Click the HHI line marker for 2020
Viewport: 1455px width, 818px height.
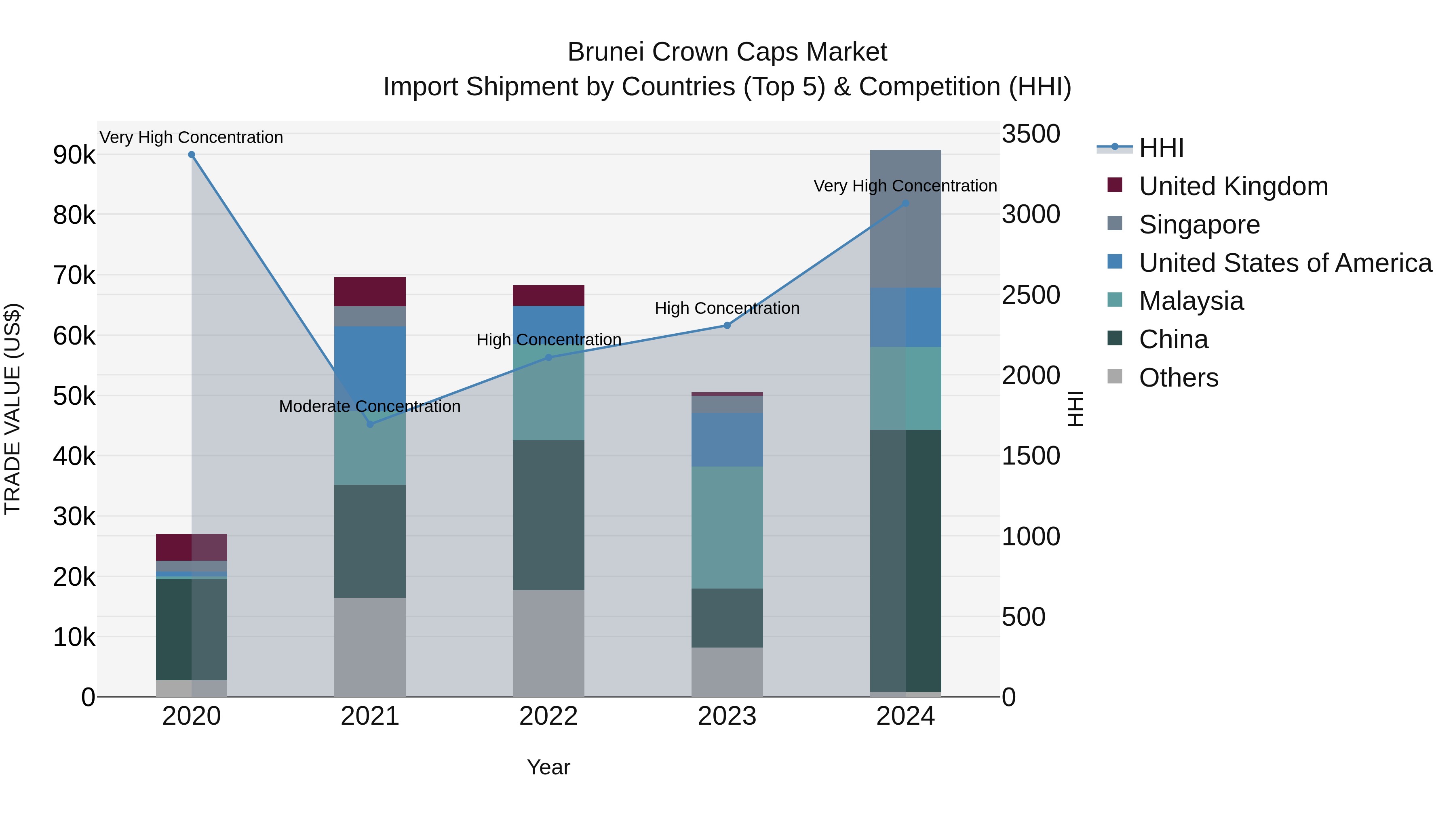click(x=192, y=155)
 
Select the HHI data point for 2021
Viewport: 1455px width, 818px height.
click(x=370, y=424)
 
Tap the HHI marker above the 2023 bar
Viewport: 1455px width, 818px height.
click(x=727, y=325)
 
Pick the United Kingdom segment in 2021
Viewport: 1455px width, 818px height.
click(x=370, y=291)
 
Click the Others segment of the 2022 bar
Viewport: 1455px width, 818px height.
click(x=548, y=643)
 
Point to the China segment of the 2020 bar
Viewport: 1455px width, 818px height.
click(x=192, y=629)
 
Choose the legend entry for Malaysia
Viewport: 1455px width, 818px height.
click(x=1191, y=301)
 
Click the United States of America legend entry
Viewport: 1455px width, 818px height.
click(x=1285, y=263)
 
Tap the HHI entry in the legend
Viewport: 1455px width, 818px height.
click(x=1161, y=148)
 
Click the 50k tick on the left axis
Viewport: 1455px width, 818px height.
click(x=74, y=396)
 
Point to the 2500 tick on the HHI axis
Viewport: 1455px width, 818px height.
click(x=1030, y=295)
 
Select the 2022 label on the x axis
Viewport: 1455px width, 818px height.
click(x=548, y=716)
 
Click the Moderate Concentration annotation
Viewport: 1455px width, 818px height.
click(x=369, y=406)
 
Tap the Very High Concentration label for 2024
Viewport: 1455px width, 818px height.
click(x=905, y=186)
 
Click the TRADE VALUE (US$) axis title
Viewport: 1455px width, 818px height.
click(x=13, y=409)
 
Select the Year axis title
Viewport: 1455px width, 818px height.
click(x=548, y=767)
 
